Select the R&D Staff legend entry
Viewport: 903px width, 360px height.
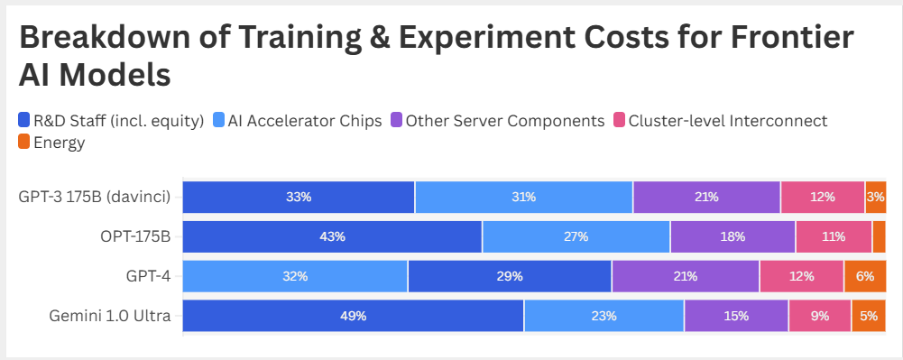111,121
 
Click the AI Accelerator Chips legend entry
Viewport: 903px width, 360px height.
298,121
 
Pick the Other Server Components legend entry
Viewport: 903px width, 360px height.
497,121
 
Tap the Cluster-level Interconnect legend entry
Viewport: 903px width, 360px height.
720,121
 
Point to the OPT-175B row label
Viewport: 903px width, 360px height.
135,236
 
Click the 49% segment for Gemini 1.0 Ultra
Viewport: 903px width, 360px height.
353,316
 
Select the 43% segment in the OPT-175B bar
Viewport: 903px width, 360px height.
332,236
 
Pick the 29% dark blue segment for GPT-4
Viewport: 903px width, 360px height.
510,276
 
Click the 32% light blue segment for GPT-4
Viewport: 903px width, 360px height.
295,276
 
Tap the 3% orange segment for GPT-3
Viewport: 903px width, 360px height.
875,197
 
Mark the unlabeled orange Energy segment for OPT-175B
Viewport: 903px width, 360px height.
879,236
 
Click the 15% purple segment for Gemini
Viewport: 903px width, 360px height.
736,316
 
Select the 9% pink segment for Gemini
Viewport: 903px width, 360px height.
820,316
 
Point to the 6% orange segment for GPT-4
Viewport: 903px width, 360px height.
864,276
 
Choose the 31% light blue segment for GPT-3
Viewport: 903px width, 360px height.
524,197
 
